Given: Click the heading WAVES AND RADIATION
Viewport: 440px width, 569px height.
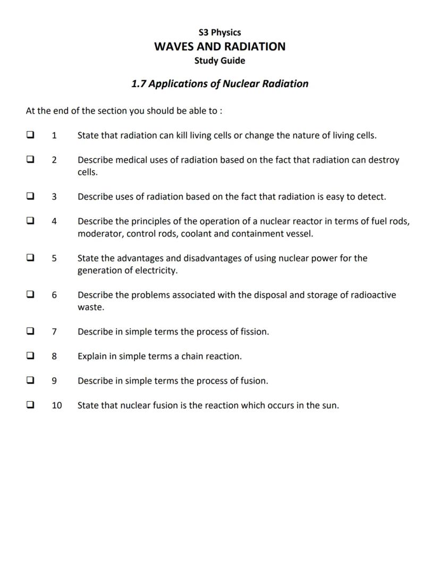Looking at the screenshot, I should click(219, 46).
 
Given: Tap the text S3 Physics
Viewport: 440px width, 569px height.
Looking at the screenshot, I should click(219, 32).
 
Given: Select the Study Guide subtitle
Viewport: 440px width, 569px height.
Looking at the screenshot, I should click(219, 61).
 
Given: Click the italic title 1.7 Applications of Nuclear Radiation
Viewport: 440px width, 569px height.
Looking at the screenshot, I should click(219, 84).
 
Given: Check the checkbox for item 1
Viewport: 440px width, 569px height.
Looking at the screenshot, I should click(31, 135).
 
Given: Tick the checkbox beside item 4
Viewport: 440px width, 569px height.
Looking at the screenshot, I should click(31, 221).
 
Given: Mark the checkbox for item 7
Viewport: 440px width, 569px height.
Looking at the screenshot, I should click(31, 332).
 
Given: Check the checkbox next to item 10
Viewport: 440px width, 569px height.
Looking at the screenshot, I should click(31, 405).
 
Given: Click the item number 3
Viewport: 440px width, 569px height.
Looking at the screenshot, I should click(54, 197).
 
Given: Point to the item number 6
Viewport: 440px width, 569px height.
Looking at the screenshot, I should click(54, 295).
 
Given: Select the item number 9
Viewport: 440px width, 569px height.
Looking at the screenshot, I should click(54, 381).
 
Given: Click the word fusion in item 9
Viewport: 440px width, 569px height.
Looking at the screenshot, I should click(253, 381).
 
